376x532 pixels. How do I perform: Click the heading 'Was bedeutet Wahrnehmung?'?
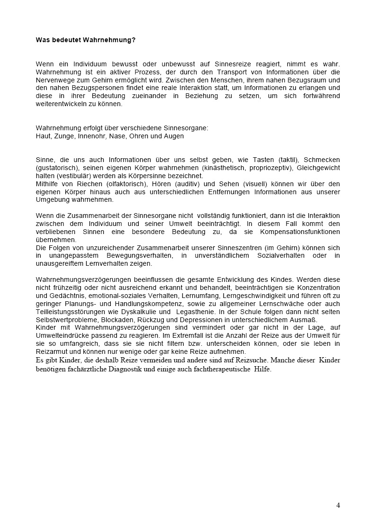click(86, 40)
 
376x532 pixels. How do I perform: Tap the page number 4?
click(338, 505)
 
